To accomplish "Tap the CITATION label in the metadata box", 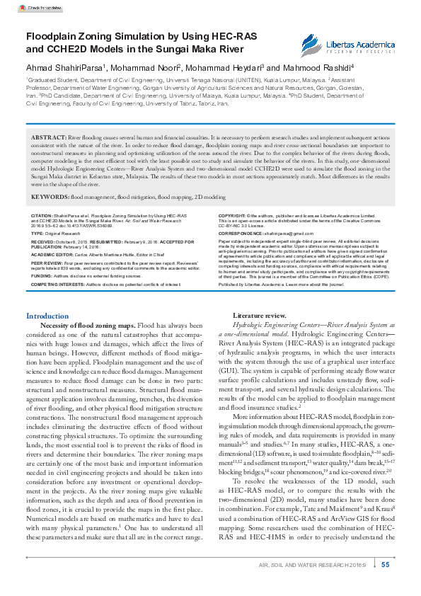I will [x=41, y=214].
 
